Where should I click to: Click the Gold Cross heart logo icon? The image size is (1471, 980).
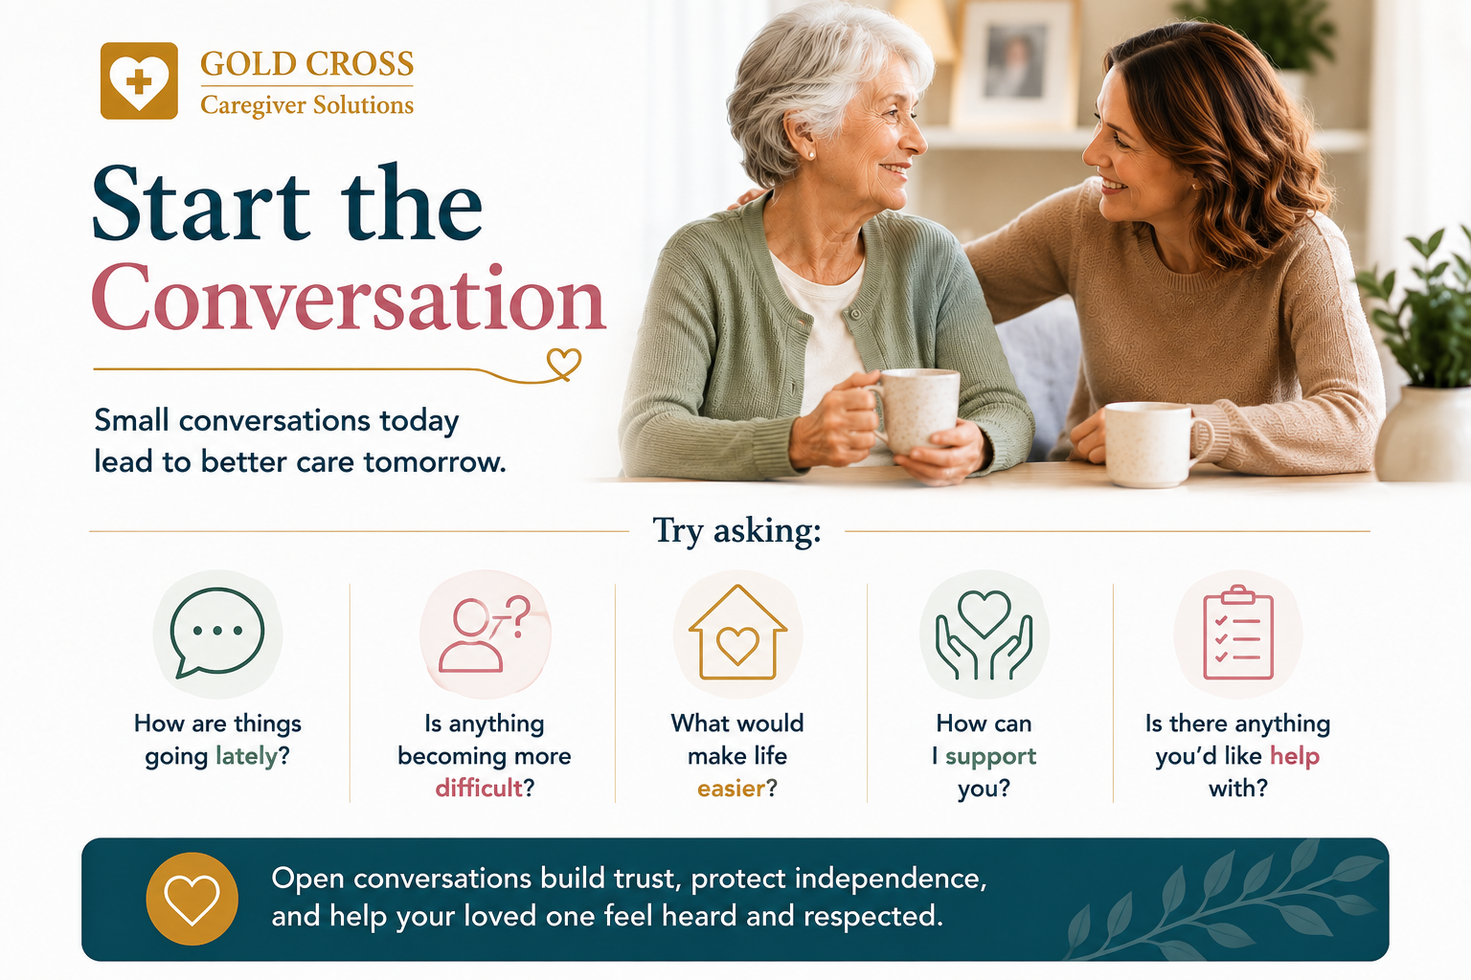click(139, 80)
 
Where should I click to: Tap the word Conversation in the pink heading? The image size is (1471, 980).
click(349, 299)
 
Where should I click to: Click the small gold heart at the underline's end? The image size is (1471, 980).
click(564, 363)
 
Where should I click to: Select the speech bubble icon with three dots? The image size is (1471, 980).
click(217, 633)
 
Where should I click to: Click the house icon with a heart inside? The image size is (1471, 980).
click(737, 632)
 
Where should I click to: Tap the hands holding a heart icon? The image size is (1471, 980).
click(984, 635)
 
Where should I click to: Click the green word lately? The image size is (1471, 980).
click(247, 757)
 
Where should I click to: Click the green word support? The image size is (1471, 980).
click(990, 757)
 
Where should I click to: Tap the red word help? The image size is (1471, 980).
click(1295, 756)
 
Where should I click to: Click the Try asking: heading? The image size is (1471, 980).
click(736, 530)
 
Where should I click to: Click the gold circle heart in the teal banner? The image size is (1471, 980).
click(192, 900)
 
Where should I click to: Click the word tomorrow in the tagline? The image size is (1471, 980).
click(435, 462)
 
